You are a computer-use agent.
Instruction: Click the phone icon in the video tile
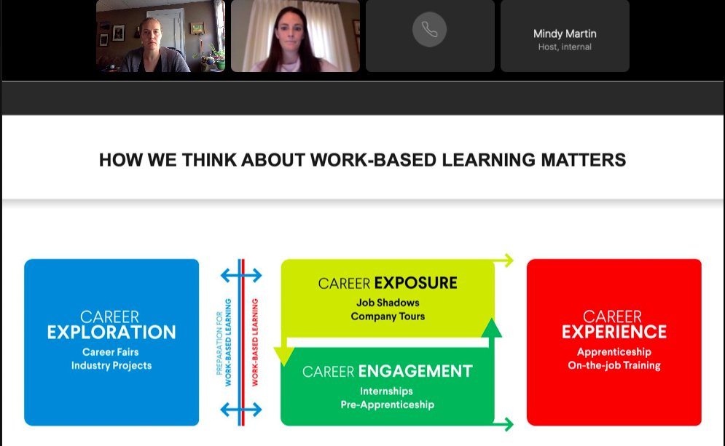click(429, 30)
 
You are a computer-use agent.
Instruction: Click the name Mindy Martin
click(564, 33)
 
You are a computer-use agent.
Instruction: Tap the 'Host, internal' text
click(564, 47)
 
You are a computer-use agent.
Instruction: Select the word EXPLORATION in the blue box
click(111, 332)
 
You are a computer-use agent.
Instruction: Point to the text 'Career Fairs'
click(111, 352)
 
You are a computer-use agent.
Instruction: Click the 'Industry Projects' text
click(111, 365)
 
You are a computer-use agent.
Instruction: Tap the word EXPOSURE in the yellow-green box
click(415, 283)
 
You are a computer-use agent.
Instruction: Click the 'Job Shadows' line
click(388, 303)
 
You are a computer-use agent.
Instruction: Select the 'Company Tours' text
click(388, 316)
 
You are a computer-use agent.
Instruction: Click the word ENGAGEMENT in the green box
click(415, 372)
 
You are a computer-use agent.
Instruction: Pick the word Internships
click(387, 391)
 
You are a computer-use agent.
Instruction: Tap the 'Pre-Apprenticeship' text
click(387, 405)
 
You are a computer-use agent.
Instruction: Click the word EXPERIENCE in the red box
click(614, 332)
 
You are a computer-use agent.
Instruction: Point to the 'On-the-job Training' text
click(614, 365)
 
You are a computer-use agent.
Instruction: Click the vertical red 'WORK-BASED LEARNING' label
click(255, 342)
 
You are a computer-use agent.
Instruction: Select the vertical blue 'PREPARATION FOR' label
click(219, 342)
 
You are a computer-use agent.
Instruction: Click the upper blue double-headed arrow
click(241, 275)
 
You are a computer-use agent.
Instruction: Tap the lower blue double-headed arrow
click(241, 411)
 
